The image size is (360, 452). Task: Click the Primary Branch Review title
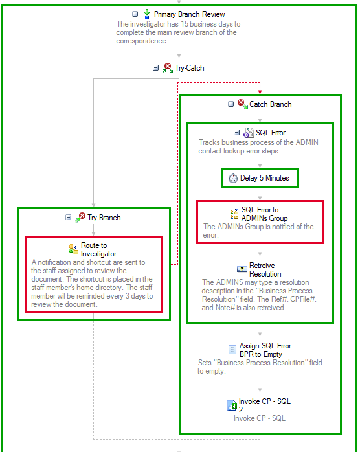[189, 14]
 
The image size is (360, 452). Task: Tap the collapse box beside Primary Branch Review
[135, 14]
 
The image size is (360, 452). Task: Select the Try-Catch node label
[189, 68]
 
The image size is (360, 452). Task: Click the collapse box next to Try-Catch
[155, 68]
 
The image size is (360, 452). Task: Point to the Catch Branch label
[271, 104]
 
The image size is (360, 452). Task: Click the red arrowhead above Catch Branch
[260, 92]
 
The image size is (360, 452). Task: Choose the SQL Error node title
[271, 133]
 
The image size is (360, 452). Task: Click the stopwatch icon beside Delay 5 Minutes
[233, 178]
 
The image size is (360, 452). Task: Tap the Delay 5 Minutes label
[265, 178]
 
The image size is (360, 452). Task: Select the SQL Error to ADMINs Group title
[265, 214]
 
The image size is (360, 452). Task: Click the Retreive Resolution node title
[265, 269]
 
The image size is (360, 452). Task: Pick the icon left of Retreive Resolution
[242, 269]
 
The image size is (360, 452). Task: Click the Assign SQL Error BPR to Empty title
[265, 350]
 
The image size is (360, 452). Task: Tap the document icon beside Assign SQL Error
[232, 350]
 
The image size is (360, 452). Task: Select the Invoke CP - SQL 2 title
[265, 405]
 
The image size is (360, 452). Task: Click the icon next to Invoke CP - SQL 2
[232, 405]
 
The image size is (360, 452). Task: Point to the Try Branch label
[104, 218]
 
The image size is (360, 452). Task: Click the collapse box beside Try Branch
[69, 217]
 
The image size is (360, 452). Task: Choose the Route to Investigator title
[98, 250]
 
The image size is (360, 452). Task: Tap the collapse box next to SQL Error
[236, 132]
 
